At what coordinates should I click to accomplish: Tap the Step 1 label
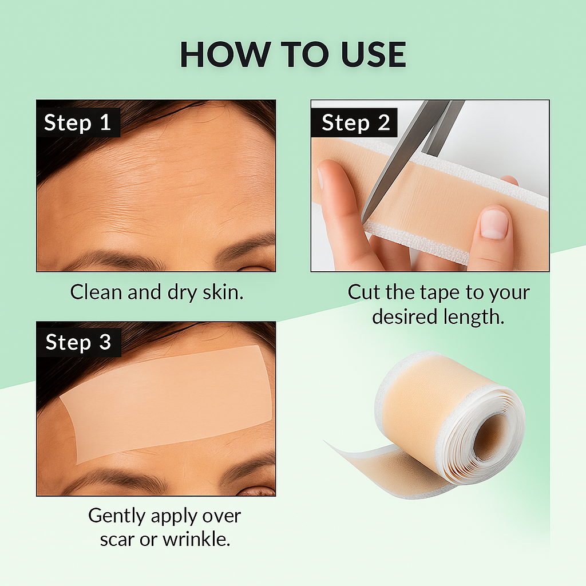pyautogui.click(x=77, y=122)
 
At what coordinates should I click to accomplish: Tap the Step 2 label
pyautogui.click(x=355, y=122)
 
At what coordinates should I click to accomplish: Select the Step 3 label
pyautogui.click(x=78, y=342)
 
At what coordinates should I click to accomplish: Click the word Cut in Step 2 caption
pyautogui.click(x=363, y=292)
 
